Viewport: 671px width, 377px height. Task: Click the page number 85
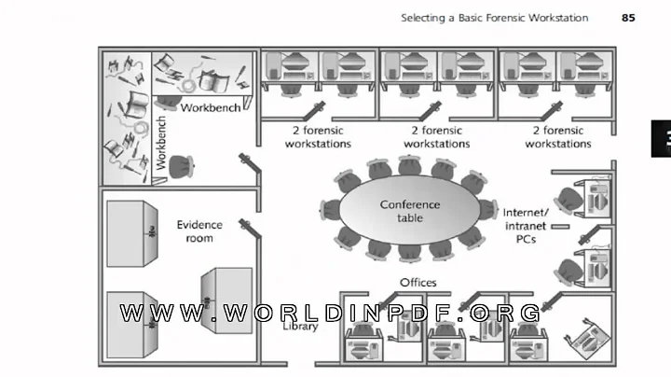click(x=629, y=17)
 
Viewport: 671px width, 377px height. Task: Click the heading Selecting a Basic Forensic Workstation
click(x=494, y=17)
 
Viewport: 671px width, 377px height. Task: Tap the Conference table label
click(x=409, y=211)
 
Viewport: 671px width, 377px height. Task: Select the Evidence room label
click(x=195, y=231)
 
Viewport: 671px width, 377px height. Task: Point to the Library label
click(x=300, y=326)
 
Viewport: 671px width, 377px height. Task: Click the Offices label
click(x=418, y=282)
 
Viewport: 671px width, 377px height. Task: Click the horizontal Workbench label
click(x=211, y=107)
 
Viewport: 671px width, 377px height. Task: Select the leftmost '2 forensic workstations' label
click(x=318, y=137)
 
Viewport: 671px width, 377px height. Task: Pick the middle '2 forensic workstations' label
click(x=436, y=137)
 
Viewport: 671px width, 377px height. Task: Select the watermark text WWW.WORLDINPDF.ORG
click(x=330, y=313)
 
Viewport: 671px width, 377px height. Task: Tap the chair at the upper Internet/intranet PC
click(x=571, y=197)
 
